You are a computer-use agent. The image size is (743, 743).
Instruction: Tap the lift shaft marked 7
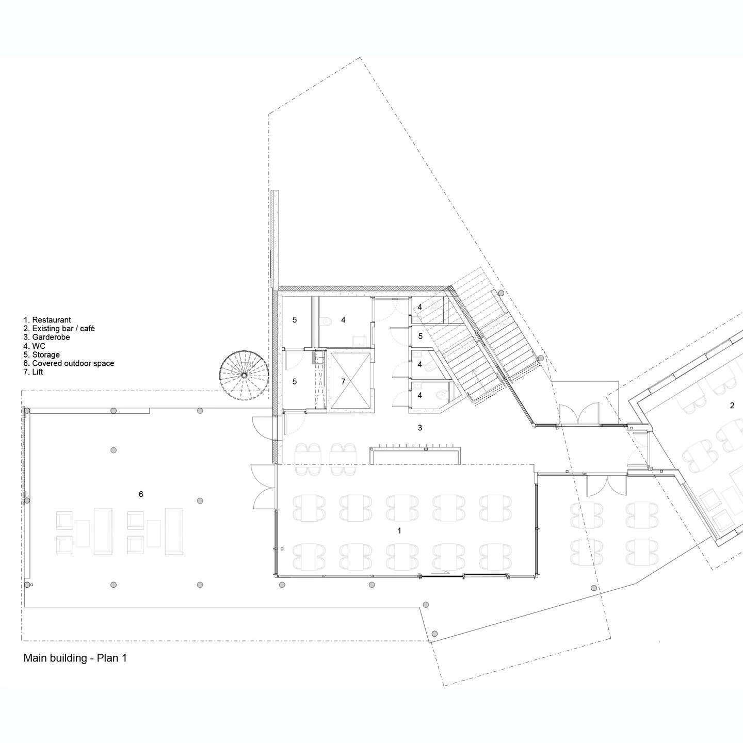coord(349,381)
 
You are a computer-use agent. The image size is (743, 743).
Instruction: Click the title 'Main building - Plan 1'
coord(75,658)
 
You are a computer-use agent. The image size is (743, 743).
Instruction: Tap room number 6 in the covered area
coord(141,494)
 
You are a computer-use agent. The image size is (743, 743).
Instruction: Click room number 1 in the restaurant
coord(399,530)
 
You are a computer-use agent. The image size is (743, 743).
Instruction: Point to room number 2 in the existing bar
coord(732,406)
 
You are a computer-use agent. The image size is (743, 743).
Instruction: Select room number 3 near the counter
coord(420,428)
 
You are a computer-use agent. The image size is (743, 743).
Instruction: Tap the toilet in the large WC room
coord(326,322)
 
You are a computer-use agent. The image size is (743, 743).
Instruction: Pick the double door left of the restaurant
coord(262,487)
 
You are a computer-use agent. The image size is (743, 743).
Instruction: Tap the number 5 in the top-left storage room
coord(295,320)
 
